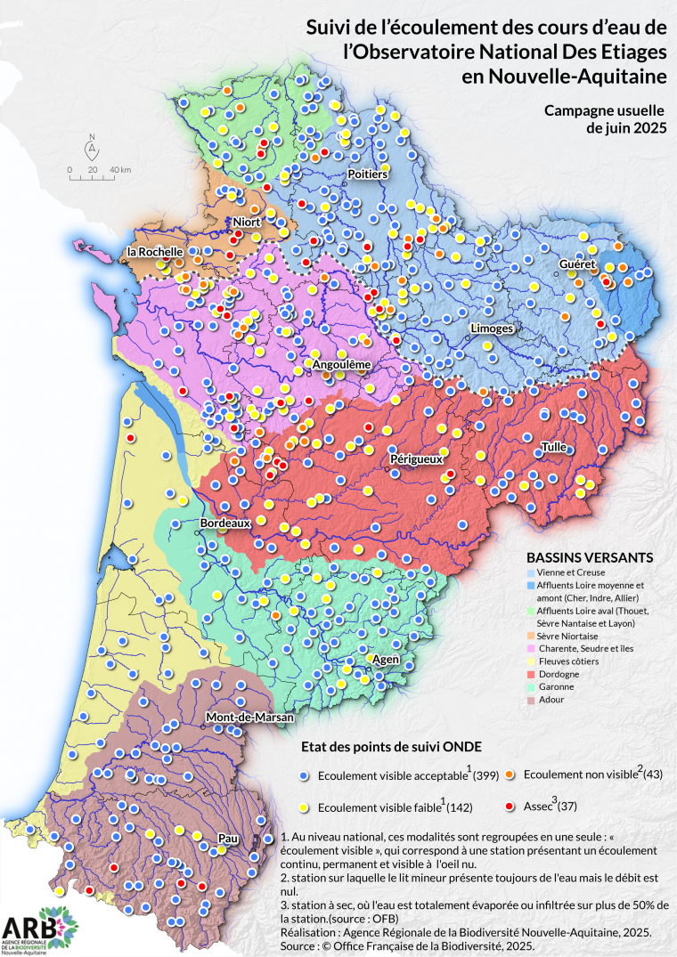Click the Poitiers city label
click(367, 174)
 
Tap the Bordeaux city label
click(224, 523)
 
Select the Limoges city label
click(492, 328)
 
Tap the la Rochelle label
click(155, 252)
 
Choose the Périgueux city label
click(416, 459)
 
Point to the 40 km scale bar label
click(120, 169)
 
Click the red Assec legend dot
click(510, 806)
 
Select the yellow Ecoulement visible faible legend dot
click(305, 807)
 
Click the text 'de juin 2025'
click(618, 127)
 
